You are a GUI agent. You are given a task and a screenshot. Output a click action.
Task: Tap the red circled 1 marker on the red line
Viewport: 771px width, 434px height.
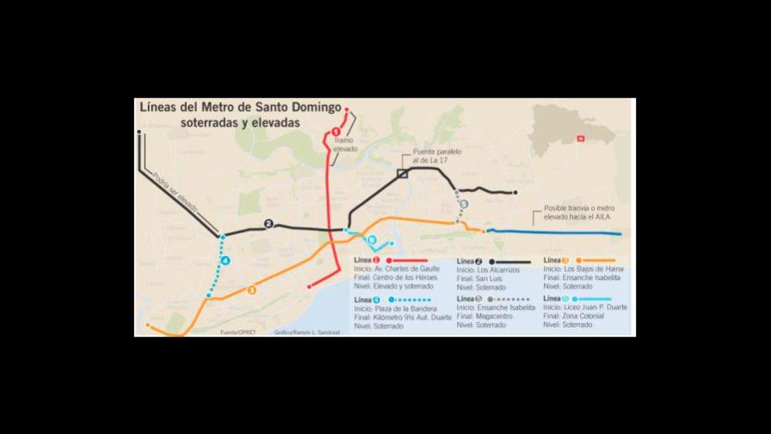tap(335, 132)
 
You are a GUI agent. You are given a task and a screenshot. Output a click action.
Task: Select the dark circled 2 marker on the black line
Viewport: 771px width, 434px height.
tap(268, 224)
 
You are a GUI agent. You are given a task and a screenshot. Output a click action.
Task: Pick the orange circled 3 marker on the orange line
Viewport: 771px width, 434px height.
tap(251, 290)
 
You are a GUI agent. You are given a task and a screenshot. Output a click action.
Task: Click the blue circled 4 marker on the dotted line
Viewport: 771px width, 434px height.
tap(225, 261)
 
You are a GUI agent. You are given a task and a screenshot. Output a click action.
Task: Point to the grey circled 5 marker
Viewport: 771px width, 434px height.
tap(464, 204)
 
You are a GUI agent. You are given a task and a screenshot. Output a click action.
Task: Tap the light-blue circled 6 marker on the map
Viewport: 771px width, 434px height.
tap(373, 240)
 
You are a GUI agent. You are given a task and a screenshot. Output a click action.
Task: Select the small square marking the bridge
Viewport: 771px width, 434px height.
tap(402, 174)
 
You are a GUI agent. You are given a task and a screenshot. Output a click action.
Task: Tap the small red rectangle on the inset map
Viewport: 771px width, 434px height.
tap(582, 137)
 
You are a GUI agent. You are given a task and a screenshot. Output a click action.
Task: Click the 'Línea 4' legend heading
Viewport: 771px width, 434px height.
tap(364, 299)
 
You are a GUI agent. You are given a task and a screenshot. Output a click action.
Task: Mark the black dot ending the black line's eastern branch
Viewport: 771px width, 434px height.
tap(515, 193)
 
